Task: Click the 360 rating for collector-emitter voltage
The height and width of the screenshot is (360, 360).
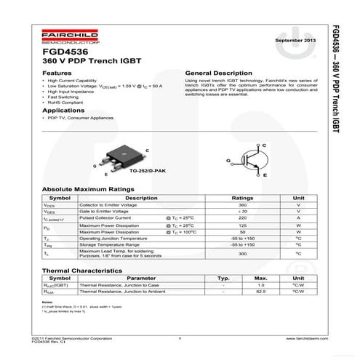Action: pyautogui.click(x=242, y=205)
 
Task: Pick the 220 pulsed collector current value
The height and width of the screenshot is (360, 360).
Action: pyautogui.click(x=242, y=217)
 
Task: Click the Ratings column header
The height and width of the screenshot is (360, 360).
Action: pyautogui.click(x=242, y=198)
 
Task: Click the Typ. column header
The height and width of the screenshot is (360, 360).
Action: pyautogui.click(x=223, y=278)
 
